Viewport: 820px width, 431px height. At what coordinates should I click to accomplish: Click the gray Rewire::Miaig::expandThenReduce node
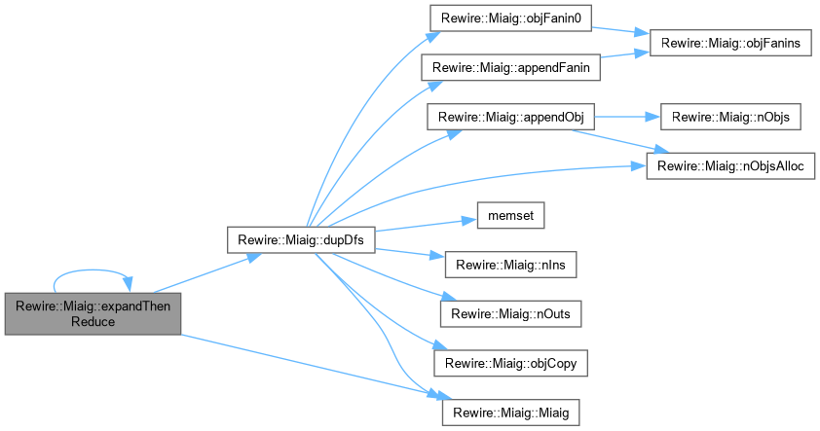93,312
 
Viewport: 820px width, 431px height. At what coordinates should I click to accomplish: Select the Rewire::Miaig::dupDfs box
300,239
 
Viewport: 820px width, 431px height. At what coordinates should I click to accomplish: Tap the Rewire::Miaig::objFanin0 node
498,19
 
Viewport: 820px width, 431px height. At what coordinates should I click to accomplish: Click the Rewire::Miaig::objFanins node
731,45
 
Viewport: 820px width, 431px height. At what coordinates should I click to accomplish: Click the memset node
503,215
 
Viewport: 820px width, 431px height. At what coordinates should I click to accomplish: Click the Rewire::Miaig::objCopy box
510,362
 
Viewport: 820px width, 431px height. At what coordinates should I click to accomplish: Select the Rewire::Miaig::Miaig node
510,412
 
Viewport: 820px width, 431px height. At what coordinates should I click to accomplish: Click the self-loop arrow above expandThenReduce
93,273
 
